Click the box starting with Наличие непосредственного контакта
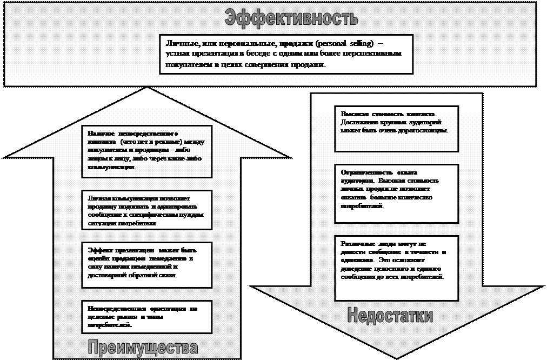pyautogui.click(x=146, y=151)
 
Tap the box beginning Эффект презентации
pyautogui.click(x=146, y=264)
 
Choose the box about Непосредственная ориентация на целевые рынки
pyautogui.click(x=146, y=316)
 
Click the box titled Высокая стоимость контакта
pyautogui.click(x=396, y=128)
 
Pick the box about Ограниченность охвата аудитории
pyautogui.click(x=396, y=193)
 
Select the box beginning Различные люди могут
pyautogui.click(x=396, y=267)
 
